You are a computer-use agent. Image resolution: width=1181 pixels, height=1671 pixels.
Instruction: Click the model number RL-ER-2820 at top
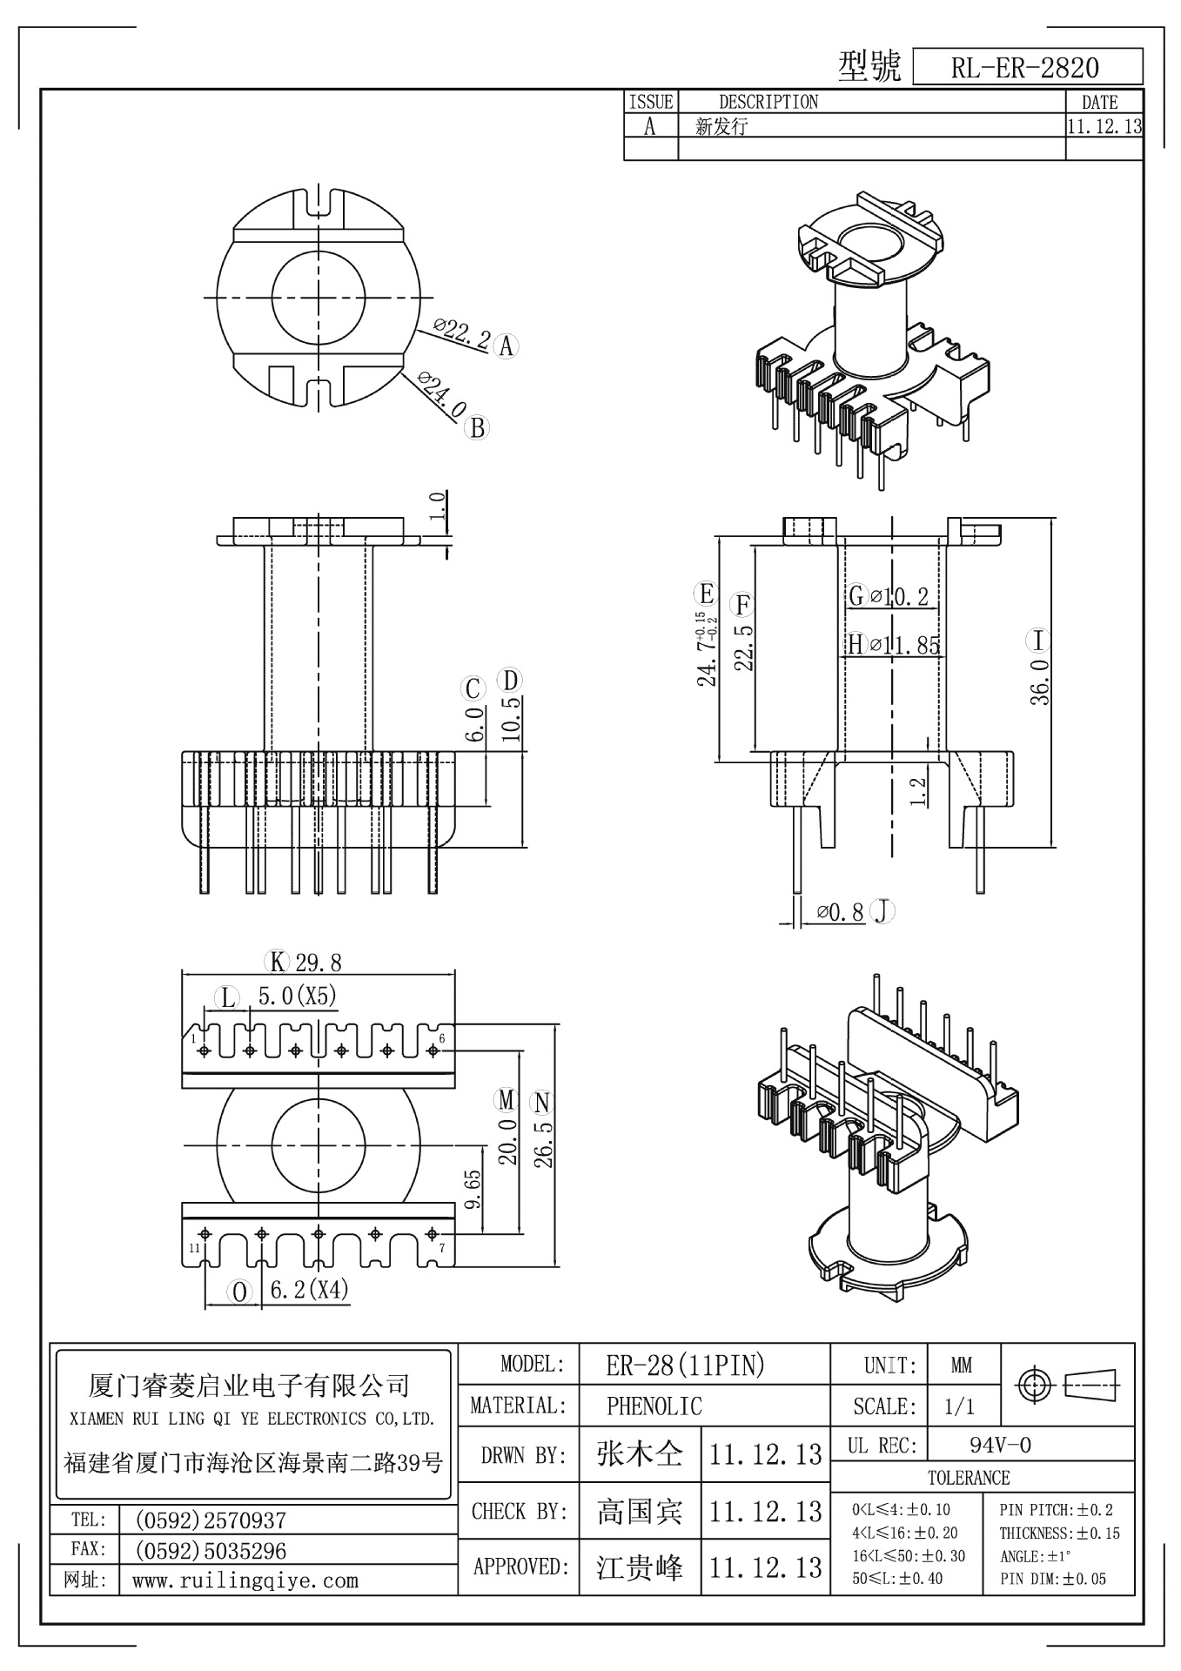point(1025,68)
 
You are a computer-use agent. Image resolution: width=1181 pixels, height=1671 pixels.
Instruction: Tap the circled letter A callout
point(506,346)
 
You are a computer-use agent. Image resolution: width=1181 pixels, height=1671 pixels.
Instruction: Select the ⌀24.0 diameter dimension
point(443,395)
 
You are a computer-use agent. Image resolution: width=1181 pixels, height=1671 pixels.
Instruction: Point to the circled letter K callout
point(277,962)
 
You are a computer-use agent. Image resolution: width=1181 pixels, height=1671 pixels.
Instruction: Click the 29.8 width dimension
point(319,963)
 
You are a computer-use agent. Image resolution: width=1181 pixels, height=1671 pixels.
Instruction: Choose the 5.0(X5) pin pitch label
point(297,997)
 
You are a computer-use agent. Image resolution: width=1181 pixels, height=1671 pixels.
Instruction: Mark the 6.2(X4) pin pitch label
point(309,1290)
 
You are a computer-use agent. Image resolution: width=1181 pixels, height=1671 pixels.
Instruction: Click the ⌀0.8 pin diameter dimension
point(841,912)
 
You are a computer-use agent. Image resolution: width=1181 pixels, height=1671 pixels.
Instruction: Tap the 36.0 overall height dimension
point(1041,681)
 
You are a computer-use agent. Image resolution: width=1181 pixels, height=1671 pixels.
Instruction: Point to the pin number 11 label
point(193,1248)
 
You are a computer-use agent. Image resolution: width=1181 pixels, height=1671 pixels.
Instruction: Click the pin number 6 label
point(442,1038)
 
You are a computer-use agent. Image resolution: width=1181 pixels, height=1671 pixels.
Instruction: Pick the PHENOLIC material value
point(654,1406)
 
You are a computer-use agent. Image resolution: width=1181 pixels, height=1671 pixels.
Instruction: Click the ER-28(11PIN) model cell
point(685,1366)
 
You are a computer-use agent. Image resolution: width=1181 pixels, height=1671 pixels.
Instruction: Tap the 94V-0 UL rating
point(1000,1446)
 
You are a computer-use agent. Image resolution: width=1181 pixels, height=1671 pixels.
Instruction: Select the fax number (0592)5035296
point(210,1551)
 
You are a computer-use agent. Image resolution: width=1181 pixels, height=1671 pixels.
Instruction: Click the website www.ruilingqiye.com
point(245,1580)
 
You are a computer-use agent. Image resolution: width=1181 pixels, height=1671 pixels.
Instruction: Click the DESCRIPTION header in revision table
point(768,102)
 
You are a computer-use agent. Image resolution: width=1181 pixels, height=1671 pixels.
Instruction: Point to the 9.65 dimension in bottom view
point(473,1191)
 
